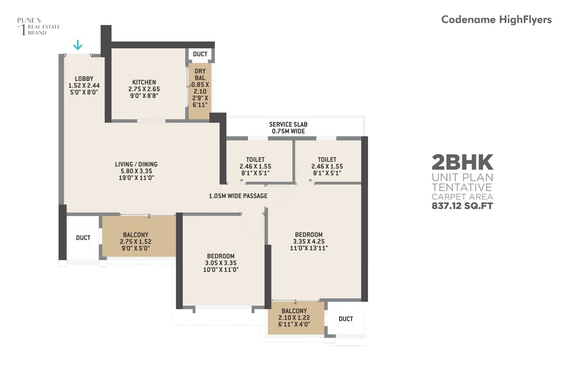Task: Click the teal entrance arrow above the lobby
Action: point(78,45)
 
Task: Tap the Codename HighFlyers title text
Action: point(496,20)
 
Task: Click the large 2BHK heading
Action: point(462,163)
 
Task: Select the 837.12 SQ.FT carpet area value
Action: point(462,205)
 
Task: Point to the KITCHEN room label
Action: point(144,82)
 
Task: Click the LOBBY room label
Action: point(84,79)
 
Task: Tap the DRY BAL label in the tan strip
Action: point(200,74)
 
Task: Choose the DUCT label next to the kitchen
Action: point(200,54)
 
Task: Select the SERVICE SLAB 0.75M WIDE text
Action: point(288,128)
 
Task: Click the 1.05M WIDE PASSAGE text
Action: point(238,196)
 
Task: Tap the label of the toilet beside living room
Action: point(255,160)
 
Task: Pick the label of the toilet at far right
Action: point(327,160)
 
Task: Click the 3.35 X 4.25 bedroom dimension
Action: point(309,241)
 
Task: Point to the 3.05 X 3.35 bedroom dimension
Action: point(221,263)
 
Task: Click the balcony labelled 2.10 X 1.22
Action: point(294,317)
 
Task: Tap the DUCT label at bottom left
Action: point(83,238)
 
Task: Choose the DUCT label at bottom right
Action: point(346,319)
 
